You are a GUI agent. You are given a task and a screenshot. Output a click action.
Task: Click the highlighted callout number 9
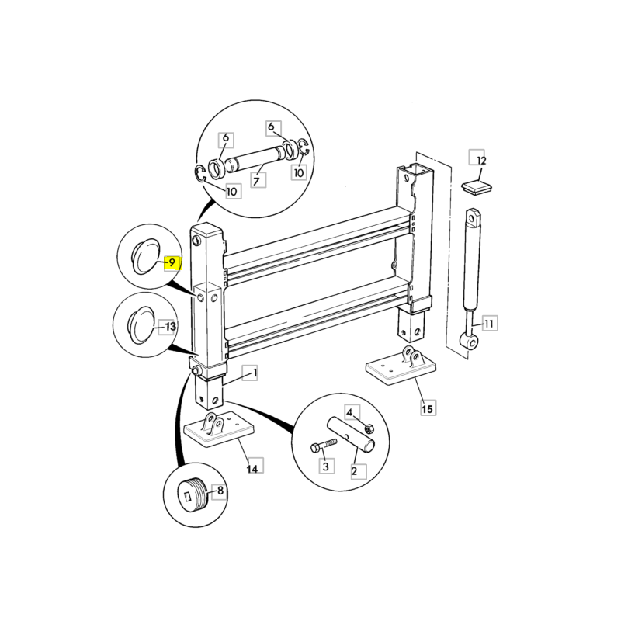[x=172, y=264]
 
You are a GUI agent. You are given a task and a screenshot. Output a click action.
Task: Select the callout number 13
[x=170, y=328]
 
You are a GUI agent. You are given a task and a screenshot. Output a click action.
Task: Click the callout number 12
[x=480, y=161]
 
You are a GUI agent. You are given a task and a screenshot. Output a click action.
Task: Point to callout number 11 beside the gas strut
[x=489, y=323]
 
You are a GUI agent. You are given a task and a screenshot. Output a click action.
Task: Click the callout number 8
[x=220, y=491]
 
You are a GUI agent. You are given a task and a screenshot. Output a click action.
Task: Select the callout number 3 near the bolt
[x=326, y=467]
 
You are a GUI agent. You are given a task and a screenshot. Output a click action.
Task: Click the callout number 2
[x=355, y=470]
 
